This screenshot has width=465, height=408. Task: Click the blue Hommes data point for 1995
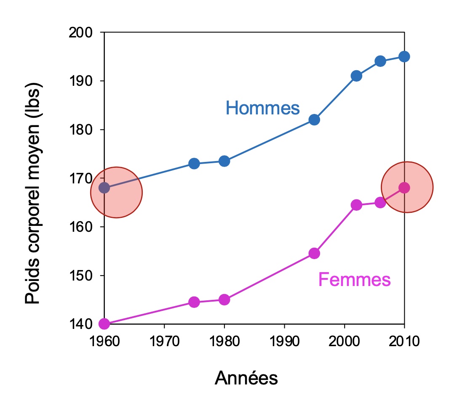point(314,119)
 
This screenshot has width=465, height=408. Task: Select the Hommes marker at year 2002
point(356,76)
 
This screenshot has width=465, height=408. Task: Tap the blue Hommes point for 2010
point(404,56)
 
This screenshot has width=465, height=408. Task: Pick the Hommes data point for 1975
point(194,163)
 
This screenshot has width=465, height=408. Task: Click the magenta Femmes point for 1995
point(314,253)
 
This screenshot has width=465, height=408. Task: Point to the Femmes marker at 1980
point(224,299)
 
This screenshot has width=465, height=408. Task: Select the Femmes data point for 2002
point(356,205)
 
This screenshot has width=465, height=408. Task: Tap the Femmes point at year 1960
point(104,324)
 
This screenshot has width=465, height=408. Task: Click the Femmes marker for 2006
point(380,202)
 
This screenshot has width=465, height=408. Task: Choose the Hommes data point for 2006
point(380,61)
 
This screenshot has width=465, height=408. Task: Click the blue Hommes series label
point(262,108)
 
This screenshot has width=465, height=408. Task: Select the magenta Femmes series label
point(354,279)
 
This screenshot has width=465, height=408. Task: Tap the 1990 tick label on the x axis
point(284,341)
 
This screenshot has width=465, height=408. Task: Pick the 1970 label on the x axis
point(164,341)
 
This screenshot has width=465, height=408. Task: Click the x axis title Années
point(246,378)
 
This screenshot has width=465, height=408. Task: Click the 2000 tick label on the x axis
point(345,341)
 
